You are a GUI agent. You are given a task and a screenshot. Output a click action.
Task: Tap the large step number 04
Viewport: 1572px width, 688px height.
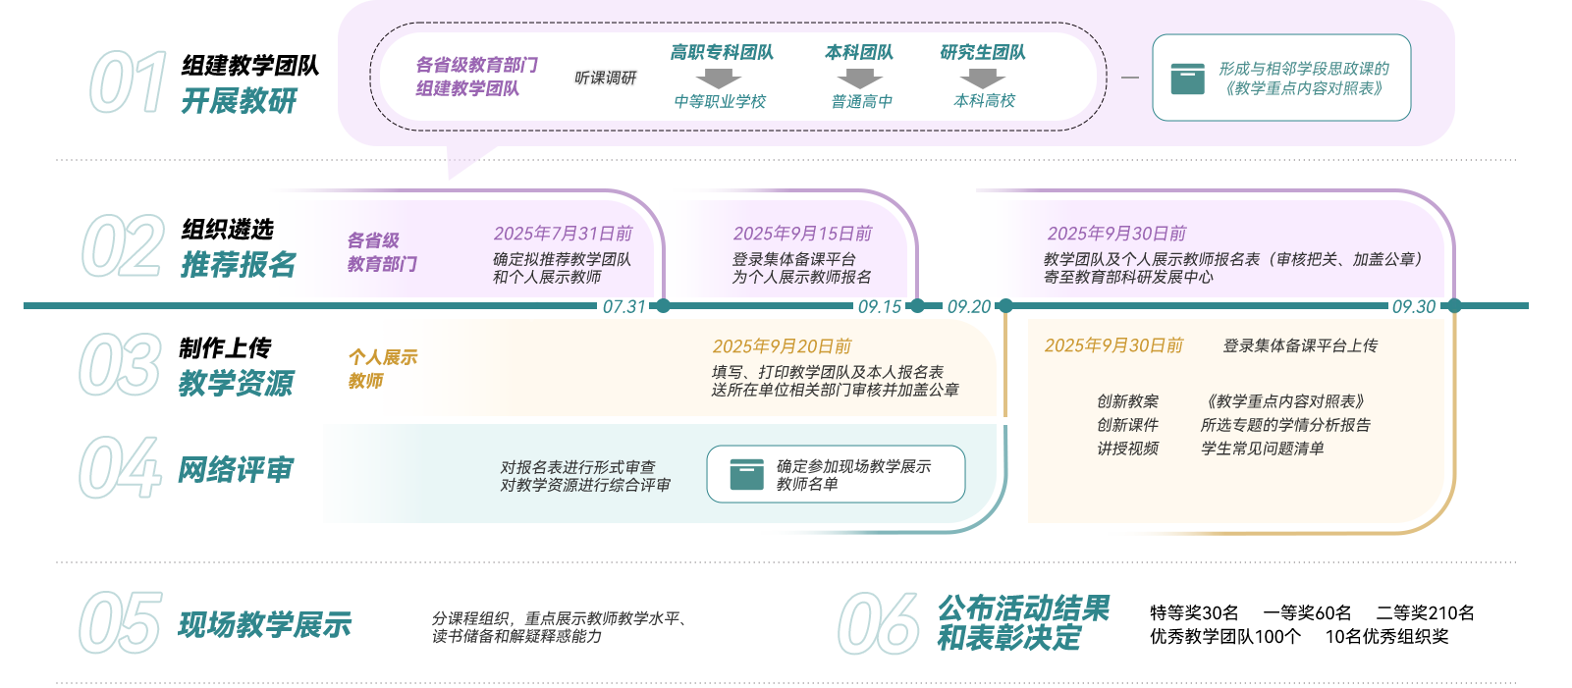tap(120, 468)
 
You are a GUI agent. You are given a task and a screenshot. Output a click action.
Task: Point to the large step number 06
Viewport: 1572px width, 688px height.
tap(878, 623)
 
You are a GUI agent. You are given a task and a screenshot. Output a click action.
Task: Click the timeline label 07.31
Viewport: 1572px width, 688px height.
tap(623, 306)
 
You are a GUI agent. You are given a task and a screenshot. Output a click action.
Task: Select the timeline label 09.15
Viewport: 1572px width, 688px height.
tap(879, 306)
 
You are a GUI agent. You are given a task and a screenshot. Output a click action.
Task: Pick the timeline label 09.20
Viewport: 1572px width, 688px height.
tap(968, 306)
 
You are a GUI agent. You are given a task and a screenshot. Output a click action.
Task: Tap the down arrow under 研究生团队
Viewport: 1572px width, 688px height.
tap(982, 79)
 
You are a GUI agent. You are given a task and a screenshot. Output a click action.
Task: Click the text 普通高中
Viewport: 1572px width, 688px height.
tap(861, 101)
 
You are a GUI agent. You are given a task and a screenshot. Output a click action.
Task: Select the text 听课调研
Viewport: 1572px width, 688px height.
tap(605, 78)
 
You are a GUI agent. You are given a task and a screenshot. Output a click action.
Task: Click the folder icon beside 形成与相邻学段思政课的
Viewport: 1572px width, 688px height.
tap(1187, 79)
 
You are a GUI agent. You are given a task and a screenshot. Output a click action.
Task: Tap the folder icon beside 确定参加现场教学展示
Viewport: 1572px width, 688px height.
tap(746, 474)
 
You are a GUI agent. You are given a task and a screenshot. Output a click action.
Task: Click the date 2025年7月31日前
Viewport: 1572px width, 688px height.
tap(563, 234)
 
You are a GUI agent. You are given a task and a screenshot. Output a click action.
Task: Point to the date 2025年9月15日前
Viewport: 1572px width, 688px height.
tap(802, 234)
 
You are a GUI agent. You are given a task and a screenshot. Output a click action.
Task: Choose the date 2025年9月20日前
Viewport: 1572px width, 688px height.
tap(782, 346)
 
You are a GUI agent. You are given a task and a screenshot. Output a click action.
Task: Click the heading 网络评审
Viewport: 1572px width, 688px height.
tap(236, 470)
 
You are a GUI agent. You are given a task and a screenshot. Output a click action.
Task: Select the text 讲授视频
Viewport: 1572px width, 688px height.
tap(1127, 449)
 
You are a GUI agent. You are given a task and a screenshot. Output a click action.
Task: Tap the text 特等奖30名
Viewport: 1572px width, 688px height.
tap(1194, 612)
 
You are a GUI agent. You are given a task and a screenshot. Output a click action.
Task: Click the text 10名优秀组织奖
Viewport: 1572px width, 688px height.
tap(1386, 636)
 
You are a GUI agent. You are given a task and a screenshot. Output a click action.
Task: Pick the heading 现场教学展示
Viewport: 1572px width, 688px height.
tap(264, 624)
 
